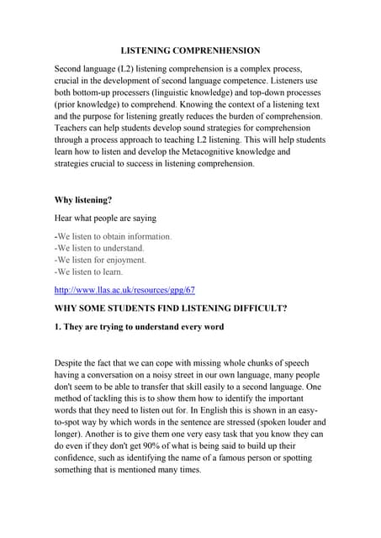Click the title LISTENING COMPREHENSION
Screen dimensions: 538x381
coord(190,50)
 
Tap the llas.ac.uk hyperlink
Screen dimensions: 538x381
coord(124,290)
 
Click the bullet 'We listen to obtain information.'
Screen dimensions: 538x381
coord(114,236)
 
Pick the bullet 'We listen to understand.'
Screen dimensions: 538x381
coord(99,248)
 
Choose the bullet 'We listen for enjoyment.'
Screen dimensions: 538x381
coord(100,260)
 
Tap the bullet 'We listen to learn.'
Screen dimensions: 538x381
coord(88,272)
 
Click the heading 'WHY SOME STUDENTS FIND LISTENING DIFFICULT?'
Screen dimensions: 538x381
coord(171,309)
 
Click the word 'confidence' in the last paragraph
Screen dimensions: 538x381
coord(81,458)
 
